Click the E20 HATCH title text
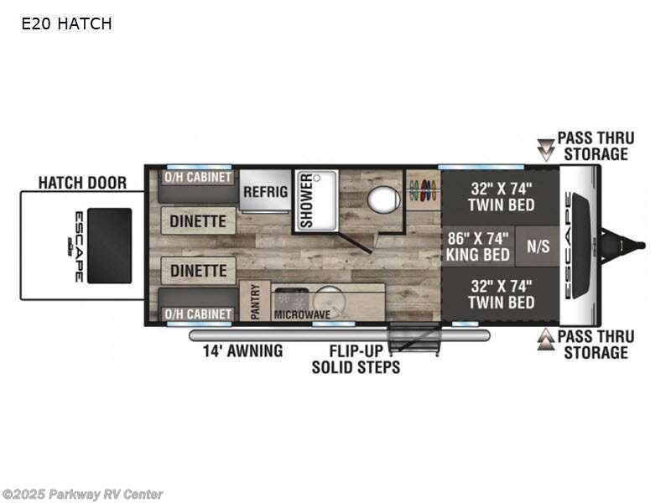coord(66,24)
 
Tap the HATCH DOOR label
coord(82,183)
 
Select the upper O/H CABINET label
coord(199,177)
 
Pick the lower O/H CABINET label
coord(199,314)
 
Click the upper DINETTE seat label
coord(199,221)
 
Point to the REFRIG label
coord(265,192)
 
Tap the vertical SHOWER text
coord(307,201)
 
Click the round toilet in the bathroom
coord(384,200)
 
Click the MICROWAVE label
coord(301,315)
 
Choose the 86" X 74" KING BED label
coord(476,246)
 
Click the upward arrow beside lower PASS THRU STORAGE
coord(546,340)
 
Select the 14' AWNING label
coord(242,351)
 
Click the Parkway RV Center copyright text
coord(83,495)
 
